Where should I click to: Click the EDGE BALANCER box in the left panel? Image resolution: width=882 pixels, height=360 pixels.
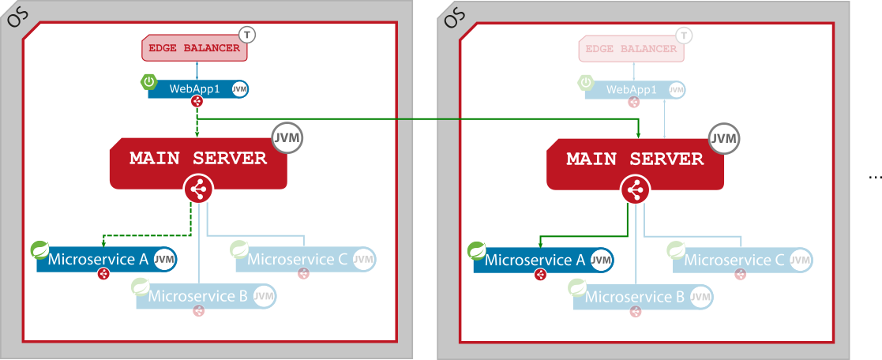[194, 48]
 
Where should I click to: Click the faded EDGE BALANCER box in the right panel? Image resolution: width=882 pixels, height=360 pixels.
[631, 48]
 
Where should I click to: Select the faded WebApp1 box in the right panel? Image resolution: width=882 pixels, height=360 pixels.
[631, 89]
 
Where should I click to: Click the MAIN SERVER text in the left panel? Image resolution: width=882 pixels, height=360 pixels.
[198, 158]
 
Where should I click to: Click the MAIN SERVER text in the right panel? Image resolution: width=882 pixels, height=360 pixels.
[635, 159]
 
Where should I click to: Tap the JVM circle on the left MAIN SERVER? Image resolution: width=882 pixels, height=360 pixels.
[287, 137]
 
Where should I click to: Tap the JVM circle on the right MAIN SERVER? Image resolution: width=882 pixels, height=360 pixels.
[723, 139]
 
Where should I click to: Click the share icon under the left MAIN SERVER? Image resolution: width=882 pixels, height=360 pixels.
[198, 189]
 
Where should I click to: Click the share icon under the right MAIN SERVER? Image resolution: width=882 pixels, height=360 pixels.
[635, 190]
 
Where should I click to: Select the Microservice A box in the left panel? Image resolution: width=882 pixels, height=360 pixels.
[99, 259]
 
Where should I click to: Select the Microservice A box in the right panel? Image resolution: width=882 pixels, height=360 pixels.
[535, 260]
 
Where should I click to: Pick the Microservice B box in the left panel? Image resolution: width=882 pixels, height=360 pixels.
[197, 297]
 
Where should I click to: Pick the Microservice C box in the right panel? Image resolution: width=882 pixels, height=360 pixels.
[734, 260]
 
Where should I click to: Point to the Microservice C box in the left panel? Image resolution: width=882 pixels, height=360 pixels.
[298, 259]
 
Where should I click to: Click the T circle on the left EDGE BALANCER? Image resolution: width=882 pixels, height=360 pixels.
[248, 35]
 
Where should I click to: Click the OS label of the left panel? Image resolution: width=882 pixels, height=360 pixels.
[17, 16]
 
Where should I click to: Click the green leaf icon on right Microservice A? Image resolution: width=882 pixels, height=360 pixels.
[477, 251]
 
